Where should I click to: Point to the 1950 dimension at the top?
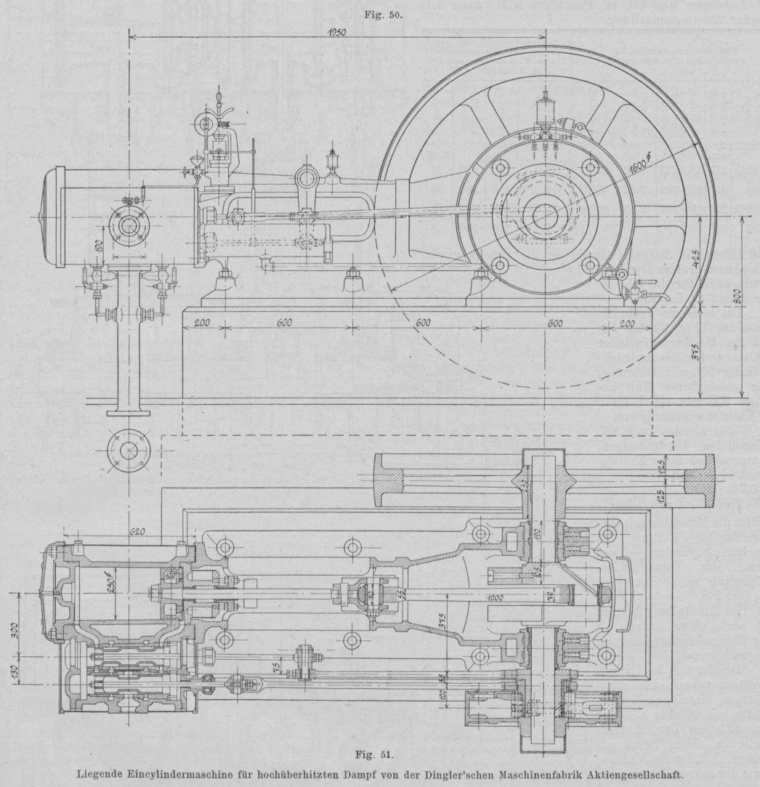(336, 33)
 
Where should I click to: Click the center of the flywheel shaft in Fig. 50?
(542, 216)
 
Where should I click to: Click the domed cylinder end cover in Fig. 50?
(52, 217)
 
